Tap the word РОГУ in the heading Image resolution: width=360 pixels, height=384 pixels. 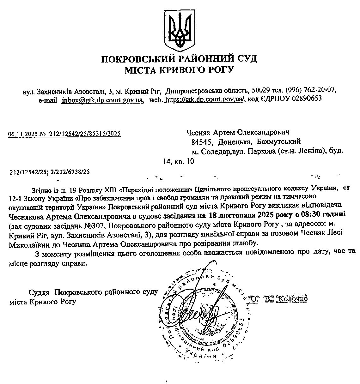[x=220, y=70]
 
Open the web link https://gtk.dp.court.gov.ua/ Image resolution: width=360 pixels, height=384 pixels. [x=205, y=99]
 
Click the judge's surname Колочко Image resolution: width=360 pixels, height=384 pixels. [x=292, y=299]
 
